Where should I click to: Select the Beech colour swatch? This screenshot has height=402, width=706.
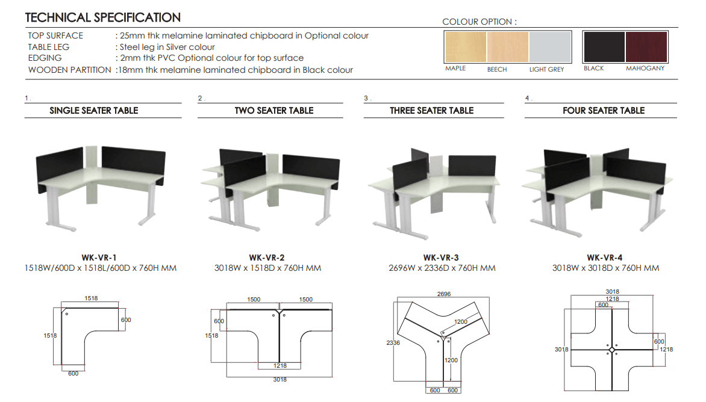(508, 47)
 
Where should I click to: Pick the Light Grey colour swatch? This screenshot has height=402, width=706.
(550, 47)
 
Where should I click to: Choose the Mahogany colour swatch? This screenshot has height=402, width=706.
(646, 46)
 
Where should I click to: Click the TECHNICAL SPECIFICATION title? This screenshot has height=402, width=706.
(103, 18)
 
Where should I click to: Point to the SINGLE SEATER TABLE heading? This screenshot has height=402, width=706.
(94, 111)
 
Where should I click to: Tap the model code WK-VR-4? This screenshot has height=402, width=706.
(605, 258)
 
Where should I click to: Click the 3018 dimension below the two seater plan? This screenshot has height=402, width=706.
(280, 380)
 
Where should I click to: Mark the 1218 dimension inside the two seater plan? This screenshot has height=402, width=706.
(280, 365)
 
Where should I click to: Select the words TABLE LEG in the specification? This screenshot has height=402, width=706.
(49, 47)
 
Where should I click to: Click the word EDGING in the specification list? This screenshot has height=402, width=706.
(45, 58)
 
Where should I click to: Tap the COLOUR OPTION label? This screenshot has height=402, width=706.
(479, 22)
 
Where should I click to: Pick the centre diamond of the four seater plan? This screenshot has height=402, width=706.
(611, 350)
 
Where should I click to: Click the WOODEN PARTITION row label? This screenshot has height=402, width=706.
(69, 70)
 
